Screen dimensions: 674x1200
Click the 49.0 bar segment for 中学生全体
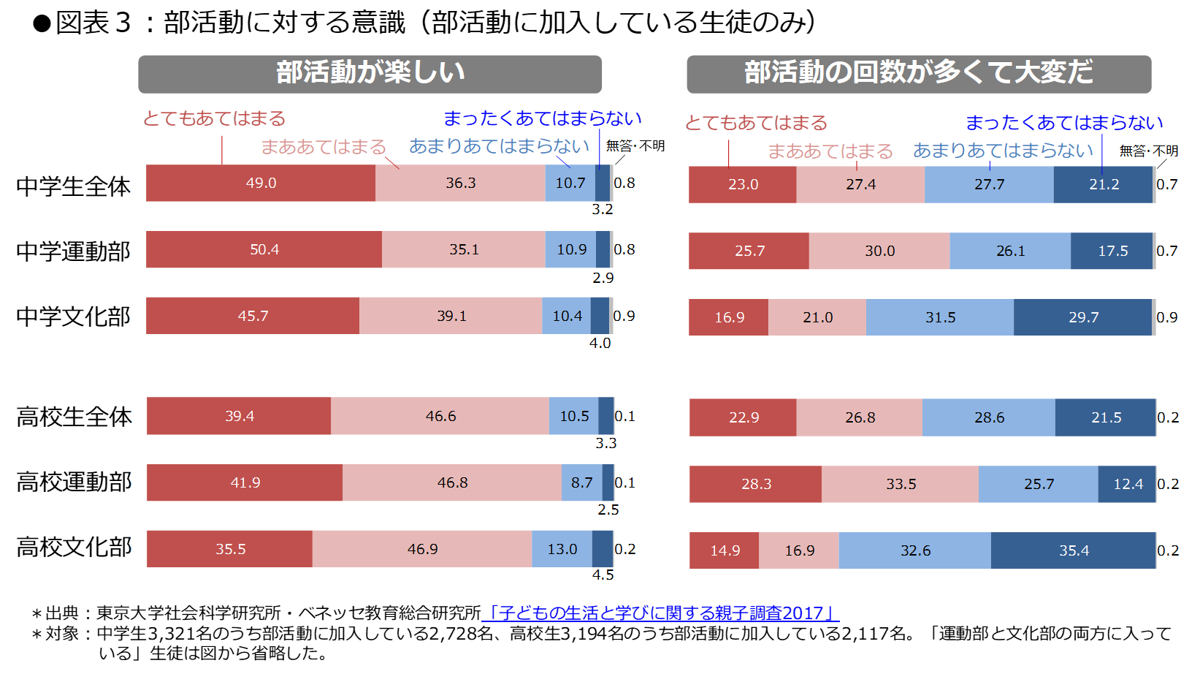point(261,183)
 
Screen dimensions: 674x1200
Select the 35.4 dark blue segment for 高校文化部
point(1073,550)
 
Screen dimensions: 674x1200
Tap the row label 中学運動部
point(73,251)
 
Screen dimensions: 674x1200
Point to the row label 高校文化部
point(74,547)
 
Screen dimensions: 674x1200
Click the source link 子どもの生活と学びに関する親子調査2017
point(661,613)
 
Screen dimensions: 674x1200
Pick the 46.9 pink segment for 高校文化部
point(422,549)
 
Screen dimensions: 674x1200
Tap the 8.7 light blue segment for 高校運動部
point(581,482)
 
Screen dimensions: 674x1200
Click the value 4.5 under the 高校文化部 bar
point(603,575)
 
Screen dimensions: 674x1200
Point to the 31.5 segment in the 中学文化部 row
point(940,317)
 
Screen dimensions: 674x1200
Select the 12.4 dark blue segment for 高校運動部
point(1127,484)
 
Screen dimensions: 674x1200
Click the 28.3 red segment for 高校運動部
point(756,484)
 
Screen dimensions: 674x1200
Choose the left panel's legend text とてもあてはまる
point(214,118)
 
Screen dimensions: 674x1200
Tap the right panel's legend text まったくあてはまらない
point(1063,123)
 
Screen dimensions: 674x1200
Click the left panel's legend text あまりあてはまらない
point(499,146)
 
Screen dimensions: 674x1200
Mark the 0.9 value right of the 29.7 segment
point(1167,317)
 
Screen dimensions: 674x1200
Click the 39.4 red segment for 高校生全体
point(239,416)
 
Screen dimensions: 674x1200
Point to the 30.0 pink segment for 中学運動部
point(879,251)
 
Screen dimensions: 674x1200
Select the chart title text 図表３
point(93,23)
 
